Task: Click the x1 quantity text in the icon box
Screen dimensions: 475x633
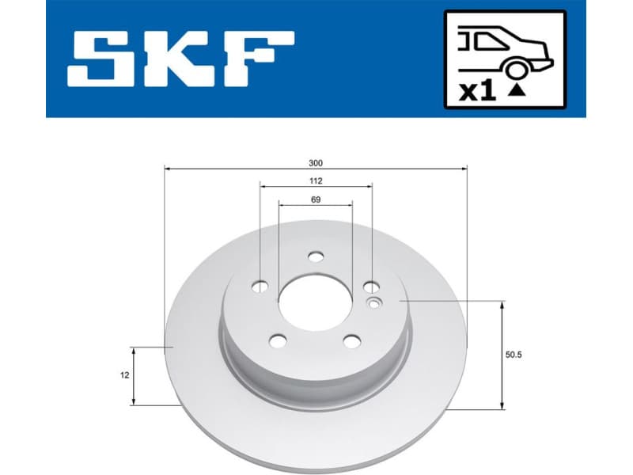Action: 477,90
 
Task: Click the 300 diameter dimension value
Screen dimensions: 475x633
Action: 316,163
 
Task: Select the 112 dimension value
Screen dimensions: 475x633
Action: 316,181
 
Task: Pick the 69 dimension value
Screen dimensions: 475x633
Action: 316,200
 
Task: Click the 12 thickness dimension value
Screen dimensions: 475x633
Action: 126,376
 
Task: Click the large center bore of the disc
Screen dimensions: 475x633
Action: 315,302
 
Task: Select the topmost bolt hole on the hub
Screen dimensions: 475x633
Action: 316,256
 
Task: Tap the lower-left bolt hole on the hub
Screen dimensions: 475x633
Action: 278,340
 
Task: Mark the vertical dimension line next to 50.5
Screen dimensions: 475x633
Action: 502,355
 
